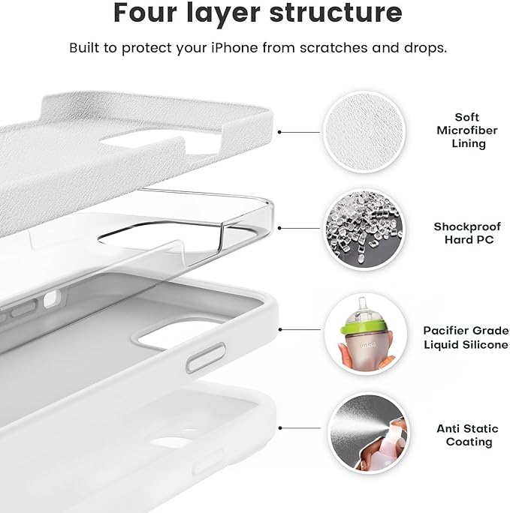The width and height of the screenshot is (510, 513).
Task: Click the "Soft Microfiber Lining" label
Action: (466, 130)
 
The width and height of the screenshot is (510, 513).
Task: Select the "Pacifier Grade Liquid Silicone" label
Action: (466, 337)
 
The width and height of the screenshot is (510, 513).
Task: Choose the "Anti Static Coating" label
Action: (467, 435)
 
